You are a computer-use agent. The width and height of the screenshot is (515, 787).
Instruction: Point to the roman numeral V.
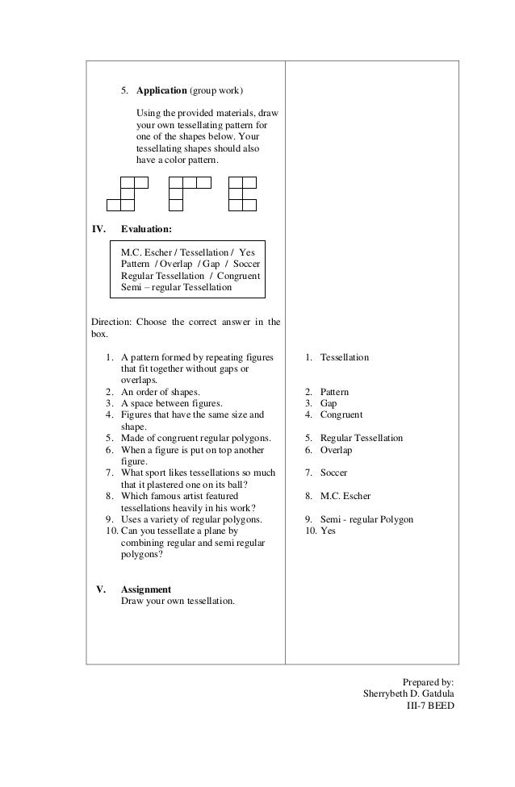tap(101, 589)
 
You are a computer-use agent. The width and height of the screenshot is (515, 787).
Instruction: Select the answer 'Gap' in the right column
tap(329, 403)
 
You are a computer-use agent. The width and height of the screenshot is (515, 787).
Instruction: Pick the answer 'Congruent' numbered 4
tap(341, 414)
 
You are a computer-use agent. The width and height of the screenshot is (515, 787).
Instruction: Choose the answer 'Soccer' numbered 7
tap(334, 473)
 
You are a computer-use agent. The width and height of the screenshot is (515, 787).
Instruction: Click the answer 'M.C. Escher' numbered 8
tap(345, 497)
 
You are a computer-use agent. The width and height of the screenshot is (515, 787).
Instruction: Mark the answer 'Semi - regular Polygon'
tap(366, 520)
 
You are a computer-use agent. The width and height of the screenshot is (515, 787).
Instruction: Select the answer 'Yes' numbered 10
tap(328, 531)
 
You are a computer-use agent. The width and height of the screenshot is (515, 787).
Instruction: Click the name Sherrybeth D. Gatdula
tap(408, 693)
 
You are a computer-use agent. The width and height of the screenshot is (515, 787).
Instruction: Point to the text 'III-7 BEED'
tap(430, 706)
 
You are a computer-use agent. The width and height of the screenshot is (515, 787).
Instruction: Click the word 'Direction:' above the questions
tap(111, 323)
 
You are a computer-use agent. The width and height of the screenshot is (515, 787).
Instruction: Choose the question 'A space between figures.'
tap(172, 403)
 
